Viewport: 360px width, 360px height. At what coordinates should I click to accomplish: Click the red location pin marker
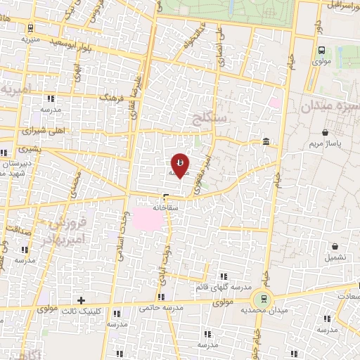tap(180, 165)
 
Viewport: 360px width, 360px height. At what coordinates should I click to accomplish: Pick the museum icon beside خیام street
tap(265, 143)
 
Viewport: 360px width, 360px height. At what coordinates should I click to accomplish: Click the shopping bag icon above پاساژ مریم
tap(325, 131)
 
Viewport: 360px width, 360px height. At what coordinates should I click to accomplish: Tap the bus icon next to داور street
tap(321, 50)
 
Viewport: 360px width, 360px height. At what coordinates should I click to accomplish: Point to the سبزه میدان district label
tap(329, 107)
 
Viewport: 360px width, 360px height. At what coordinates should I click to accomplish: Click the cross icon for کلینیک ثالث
tap(82, 300)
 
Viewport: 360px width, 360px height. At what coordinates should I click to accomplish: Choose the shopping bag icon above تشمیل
tap(335, 247)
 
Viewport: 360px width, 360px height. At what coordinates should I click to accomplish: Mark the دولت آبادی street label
tap(162, 266)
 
